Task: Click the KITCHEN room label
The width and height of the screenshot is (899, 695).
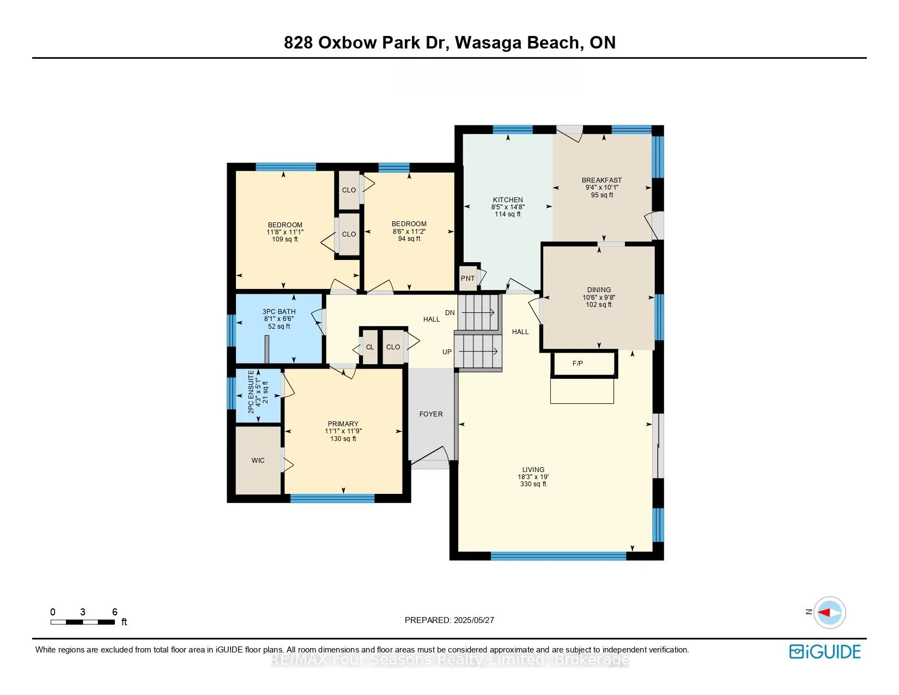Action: click(508, 200)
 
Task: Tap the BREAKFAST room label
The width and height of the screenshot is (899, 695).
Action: click(602, 180)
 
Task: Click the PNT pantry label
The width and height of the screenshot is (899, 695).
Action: click(467, 279)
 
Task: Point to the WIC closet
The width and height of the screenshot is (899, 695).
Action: click(258, 461)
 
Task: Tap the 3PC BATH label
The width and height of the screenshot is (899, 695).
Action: click(279, 312)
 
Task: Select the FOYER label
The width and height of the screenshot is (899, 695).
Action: click(431, 414)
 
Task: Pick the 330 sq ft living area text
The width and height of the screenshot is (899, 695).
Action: click(533, 484)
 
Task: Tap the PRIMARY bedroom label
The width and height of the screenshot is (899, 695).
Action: click(343, 424)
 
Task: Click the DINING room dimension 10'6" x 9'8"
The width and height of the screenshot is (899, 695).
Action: click(599, 298)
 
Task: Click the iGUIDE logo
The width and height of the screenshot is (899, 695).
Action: click(825, 651)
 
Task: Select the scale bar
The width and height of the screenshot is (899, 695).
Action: click(83, 622)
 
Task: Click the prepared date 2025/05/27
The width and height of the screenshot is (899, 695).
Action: click(472, 620)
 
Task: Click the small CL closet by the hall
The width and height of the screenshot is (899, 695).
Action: click(370, 347)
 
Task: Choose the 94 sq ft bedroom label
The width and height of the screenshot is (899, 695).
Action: click(409, 239)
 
